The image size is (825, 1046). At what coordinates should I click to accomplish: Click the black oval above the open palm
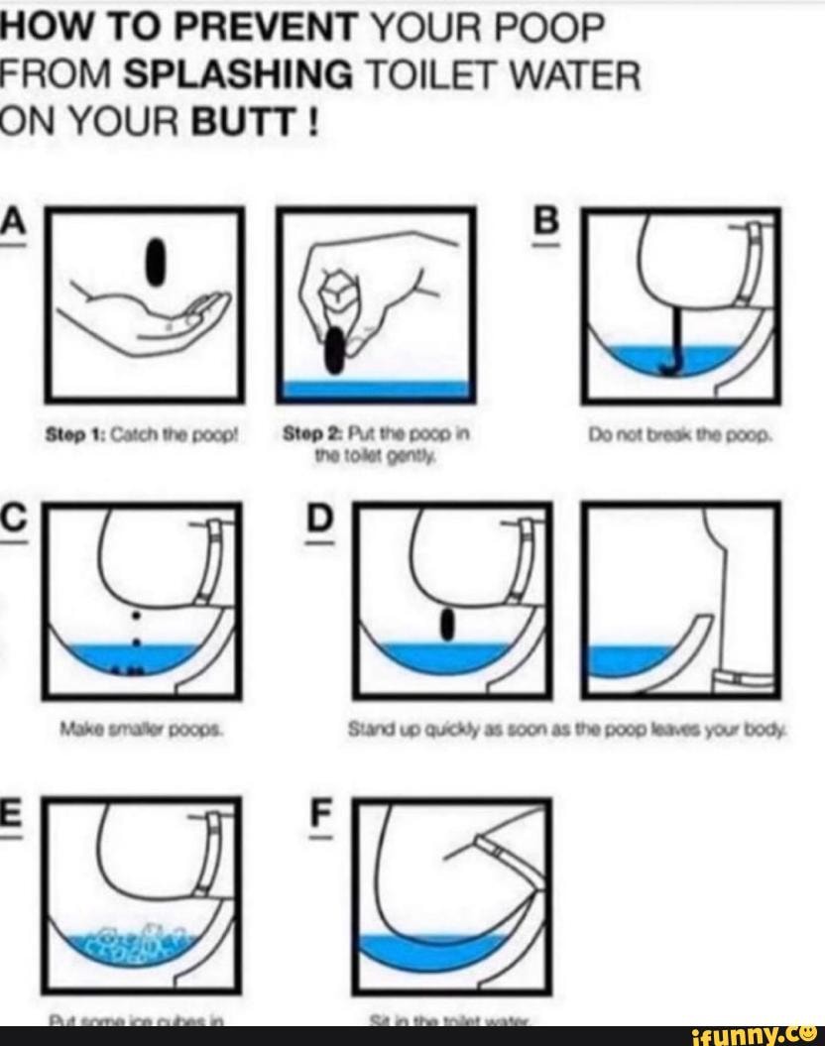156,261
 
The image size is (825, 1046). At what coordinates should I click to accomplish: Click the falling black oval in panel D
447,624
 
